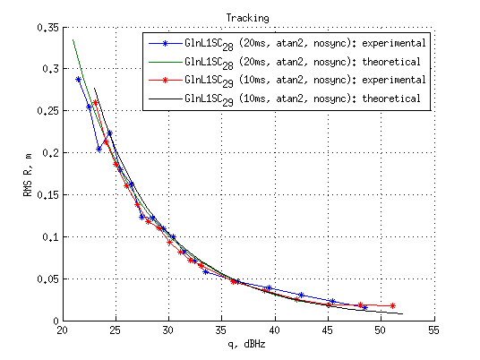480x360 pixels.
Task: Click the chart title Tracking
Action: pyautogui.click(x=248, y=17)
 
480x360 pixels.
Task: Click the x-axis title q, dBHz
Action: pyautogui.click(x=248, y=344)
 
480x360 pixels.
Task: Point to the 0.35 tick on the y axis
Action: pyautogui.click(x=46, y=27)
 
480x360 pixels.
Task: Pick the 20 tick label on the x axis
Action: pyautogui.click(x=62, y=330)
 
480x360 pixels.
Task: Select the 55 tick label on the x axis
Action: pyautogui.click(x=433, y=330)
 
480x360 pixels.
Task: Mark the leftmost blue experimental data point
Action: pyautogui.click(x=78, y=79)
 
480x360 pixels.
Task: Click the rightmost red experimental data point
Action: pyautogui.click(x=392, y=305)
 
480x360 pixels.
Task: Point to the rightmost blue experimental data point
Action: pyautogui.click(x=364, y=307)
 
